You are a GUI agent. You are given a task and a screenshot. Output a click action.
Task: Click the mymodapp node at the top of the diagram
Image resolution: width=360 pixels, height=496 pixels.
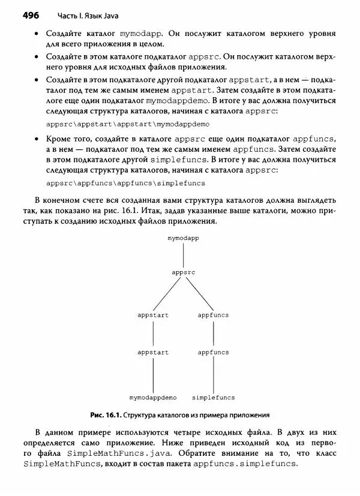[x=183, y=238]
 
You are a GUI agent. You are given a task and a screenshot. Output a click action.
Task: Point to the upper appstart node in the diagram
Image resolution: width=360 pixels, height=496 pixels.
[x=152, y=315]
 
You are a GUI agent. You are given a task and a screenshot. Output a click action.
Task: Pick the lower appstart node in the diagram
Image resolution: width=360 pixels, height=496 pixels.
[x=152, y=352]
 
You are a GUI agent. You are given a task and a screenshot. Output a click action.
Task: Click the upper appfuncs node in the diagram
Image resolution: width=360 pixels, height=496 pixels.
[x=213, y=315]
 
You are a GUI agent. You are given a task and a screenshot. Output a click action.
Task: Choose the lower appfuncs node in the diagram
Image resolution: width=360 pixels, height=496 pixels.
[x=213, y=352]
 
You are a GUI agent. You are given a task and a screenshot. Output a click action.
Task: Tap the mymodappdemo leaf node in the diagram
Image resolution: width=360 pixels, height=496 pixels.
[x=153, y=397]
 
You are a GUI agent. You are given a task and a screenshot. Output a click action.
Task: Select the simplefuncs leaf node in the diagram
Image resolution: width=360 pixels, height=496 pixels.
[x=213, y=397]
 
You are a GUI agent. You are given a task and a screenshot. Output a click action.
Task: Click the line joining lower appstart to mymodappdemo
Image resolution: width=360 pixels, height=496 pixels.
[x=153, y=375]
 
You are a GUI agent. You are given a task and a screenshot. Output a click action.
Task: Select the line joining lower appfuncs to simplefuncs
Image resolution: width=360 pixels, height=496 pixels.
[x=213, y=375]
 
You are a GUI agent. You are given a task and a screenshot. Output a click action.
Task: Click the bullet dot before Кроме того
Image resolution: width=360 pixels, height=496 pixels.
[x=38, y=139]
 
